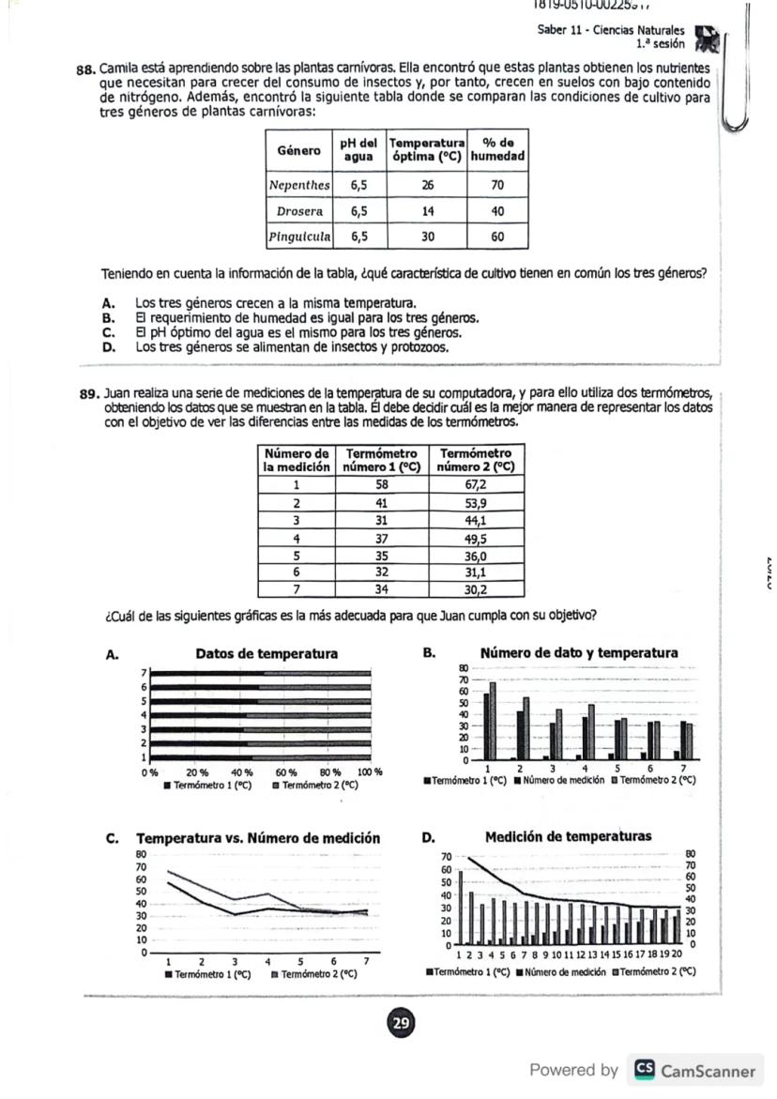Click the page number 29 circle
coord(401,1022)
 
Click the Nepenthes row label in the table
coord(299,185)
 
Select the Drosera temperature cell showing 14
coord(427,211)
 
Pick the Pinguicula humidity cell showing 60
coord(497,237)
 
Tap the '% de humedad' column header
coord(497,149)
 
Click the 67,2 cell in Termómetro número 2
coord(476,485)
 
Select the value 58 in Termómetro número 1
coord(381,485)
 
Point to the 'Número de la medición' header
coord(296,459)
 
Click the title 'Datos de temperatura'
coord(267,653)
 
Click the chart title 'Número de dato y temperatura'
coord(578,652)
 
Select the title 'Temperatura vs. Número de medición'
coord(259,838)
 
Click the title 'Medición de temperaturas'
coord(568,836)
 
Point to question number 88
coord(86,69)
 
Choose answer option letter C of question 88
coord(109,332)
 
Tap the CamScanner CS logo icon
coord(644,1070)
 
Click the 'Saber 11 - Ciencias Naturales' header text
coord(610,30)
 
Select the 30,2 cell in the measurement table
coord(476,590)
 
